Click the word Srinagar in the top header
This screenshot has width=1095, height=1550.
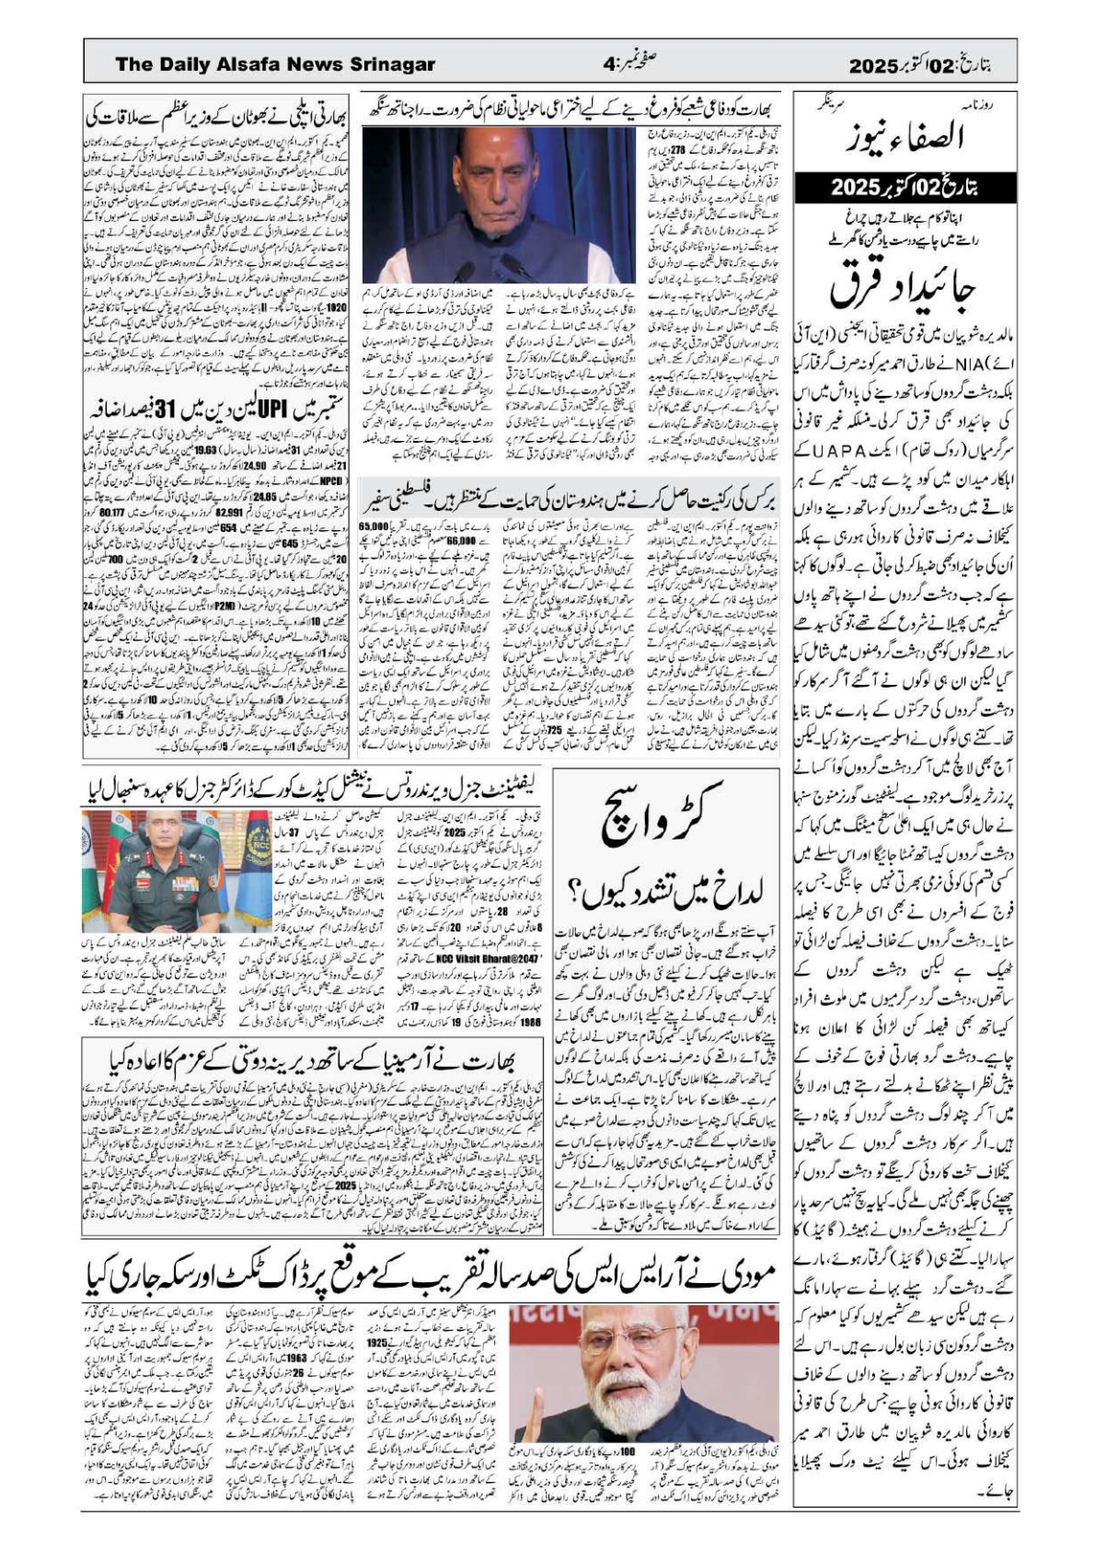[x=393, y=64]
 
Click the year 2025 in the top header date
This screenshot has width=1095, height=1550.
[x=873, y=66]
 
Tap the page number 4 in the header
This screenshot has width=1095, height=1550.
[x=607, y=64]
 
